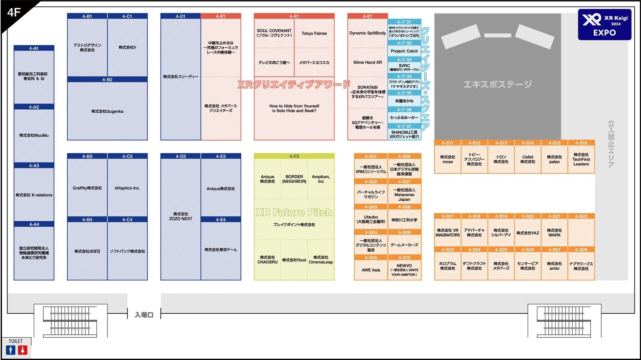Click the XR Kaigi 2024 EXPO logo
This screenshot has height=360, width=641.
pyautogui.click(x=604, y=25)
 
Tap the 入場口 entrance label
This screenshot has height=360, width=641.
pyautogui.click(x=144, y=315)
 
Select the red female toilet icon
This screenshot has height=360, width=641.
pyautogui.click(x=22, y=350)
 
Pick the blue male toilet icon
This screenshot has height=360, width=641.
pyautogui.click(x=11, y=350)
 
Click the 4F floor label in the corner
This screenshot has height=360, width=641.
pyautogui.click(x=14, y=12)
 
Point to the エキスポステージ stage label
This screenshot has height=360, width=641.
pyautogui.click(x=497, y=84)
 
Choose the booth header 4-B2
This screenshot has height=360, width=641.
pyautogui.click(x=107, y=79)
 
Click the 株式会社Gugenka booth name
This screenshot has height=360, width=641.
pyautogui.click(x=107, y=111)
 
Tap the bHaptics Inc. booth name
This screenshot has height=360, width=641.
pyautogui.click(x=127, y=188)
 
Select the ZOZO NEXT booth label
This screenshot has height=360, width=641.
pyautogui.click(x=180, y=216)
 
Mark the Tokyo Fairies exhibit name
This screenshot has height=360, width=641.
pyautogui.click(x=314, y=33)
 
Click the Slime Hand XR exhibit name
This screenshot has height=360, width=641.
pyautogui.click(x=368, y=62)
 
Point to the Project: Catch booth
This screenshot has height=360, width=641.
pyautogui.click(x=404, y=51)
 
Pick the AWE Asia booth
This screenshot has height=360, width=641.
pyautogui.click(x=371, y=270)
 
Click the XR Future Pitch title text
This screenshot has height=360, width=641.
pyautogui.click(x=294, y=212)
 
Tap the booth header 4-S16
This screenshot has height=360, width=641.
pyautogui.click(x=581, y=143)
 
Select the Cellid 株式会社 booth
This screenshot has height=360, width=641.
pyautogui.click(x=528, y=159)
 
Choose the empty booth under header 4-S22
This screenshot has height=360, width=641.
pyautogui.click(x=581, y=233)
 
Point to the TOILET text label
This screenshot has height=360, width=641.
pyautogui.click(x=15, y=341)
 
